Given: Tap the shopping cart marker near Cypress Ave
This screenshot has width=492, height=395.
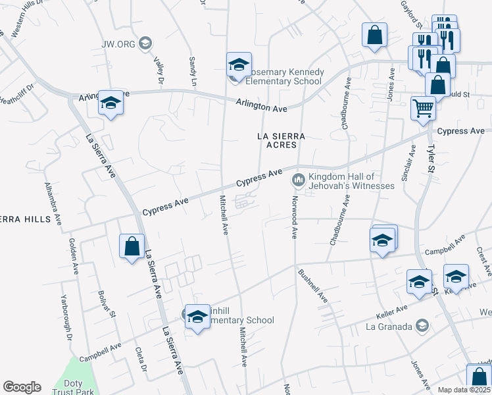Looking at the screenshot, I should tap(423, 108).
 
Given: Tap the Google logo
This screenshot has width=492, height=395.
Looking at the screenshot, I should tap(22, 387).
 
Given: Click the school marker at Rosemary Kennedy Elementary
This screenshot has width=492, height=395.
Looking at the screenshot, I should tap(239, 65).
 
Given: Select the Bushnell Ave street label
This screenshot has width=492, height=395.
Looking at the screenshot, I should tap(312, 285).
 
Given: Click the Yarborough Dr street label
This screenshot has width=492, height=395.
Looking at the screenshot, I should tap(66, 325).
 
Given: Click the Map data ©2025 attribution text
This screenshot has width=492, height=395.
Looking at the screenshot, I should tap(463, 390).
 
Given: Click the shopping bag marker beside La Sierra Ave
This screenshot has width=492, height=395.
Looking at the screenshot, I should tap(132, 246).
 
